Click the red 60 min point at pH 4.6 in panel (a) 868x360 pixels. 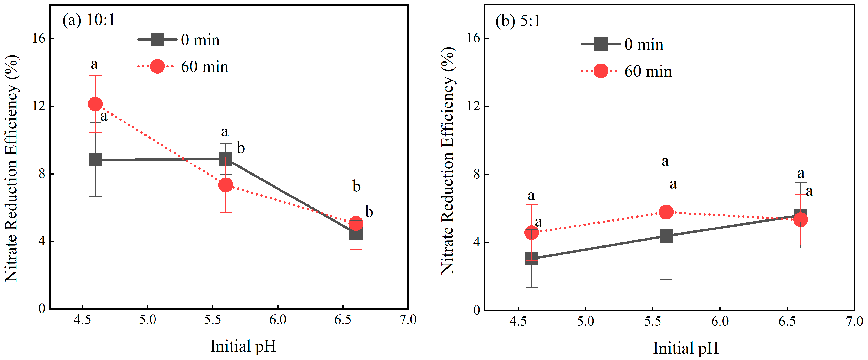(95, 104)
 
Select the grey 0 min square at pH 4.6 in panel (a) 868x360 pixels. (95, 160)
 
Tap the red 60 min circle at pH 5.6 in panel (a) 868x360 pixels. (225, 185)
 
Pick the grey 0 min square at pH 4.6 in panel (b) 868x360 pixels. (531, 259)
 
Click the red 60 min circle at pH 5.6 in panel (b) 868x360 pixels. (666, 212)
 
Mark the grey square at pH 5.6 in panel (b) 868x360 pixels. (666, 236)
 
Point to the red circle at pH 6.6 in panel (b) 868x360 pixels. (800, 220)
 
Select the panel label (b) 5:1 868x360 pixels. (518, 21)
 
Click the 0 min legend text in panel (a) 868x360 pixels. (200, 40)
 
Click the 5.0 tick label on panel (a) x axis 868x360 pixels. (147, 319)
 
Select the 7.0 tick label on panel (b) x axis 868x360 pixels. (854, 321)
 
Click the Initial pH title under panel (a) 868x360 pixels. (243, 346)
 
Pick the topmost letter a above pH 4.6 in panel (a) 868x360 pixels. (94, 64)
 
